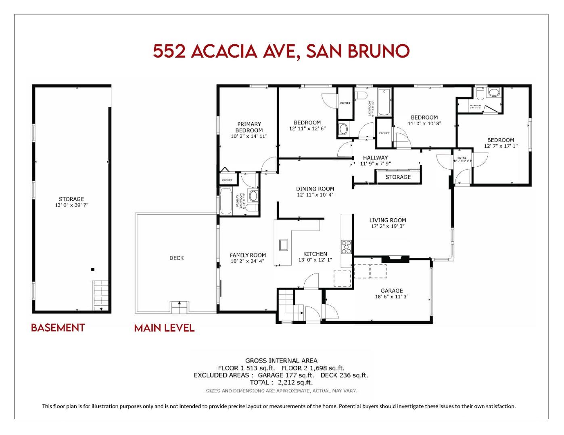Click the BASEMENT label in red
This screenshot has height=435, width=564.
point(58,328)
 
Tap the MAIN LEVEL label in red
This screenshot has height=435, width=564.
point(164,328)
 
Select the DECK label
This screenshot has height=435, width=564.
point(176,258)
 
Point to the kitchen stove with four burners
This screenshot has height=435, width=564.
point(346,246)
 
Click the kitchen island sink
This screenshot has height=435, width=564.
point(283,245)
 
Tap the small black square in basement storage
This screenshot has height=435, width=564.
point(93,269)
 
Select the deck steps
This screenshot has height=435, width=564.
point(179,307)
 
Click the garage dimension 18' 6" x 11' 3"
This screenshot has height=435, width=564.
point(391,297)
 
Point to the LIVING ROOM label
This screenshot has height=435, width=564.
point(387,220)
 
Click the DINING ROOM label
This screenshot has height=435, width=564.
point(315,188)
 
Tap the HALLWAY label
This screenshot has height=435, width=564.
point(375,157)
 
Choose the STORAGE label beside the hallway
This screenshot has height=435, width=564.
point(398,177)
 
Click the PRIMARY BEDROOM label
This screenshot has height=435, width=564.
point(249,127)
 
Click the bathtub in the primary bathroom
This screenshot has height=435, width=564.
point(226,200)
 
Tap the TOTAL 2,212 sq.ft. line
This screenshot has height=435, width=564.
point(281,382)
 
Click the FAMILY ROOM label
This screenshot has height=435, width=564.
point(248,255)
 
